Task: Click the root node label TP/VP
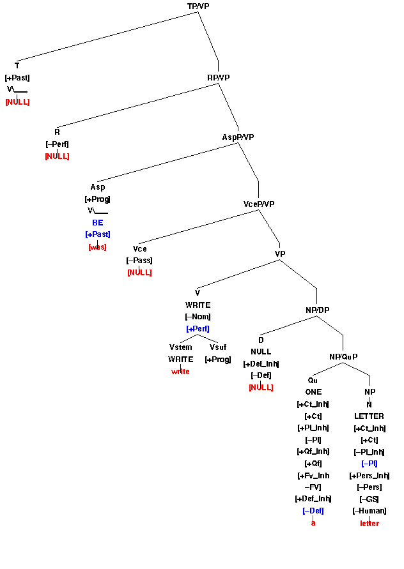(x=198, y=6)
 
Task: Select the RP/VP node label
(x=219, y=77)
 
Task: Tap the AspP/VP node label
(x=238, y=137)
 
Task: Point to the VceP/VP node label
(x=259, y=204)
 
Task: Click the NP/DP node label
(x=317, y=310)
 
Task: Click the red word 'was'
(x=97, y=247)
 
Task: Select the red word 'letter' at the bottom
(x=369, y=523)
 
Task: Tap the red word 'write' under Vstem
(x=180, y=372)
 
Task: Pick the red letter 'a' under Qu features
(x=313, y=523)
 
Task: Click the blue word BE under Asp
(x=97, y=223)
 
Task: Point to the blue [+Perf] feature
(x=198, y=329)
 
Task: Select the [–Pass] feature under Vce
(x=139, y=261)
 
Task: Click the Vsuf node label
(x=218, y=347)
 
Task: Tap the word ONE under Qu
(x=313, y=392)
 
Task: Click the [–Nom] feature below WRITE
(x=198, y=317)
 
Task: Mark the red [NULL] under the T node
(x=17, y=102)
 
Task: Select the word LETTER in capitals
(x=369, y=416)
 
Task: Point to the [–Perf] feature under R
(x=57, y=144)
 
